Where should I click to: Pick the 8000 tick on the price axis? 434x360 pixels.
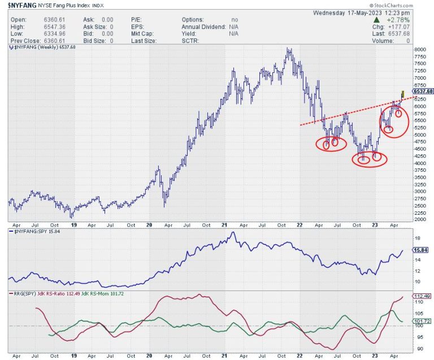(420, 50)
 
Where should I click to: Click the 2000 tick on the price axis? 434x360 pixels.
(420, 219)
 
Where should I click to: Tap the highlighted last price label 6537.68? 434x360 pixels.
(423, 91)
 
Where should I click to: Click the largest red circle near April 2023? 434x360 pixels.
(393, 119)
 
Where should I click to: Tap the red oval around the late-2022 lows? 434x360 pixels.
(370, 159)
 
